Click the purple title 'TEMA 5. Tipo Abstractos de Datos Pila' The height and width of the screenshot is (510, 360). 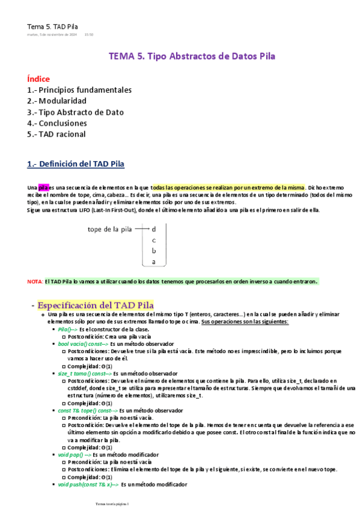(192, 57)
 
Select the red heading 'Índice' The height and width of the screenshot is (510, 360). (38, 79)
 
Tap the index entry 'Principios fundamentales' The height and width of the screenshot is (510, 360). (85, 90)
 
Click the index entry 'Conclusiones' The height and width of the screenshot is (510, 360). (63, 123)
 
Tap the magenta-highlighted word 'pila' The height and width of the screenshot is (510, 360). (43, 188)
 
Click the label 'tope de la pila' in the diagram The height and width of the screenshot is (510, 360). (110, 229)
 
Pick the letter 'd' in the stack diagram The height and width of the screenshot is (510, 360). (154, 229)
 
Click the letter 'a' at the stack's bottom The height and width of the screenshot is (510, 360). (154, 262)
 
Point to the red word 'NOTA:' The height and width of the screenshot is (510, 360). (35, 281)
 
